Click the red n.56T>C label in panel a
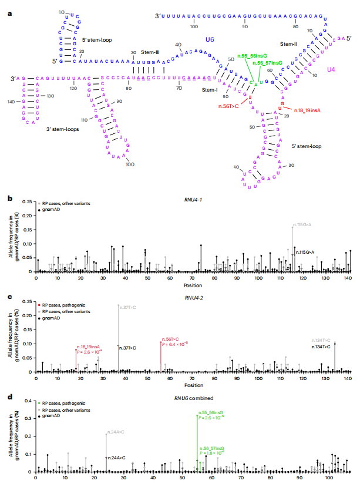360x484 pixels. [x=228, y=106]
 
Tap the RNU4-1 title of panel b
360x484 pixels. [x=193, y=199]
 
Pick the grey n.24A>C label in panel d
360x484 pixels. [x=115, y=432]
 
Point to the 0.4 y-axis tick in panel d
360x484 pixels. [x=28, y=400]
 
